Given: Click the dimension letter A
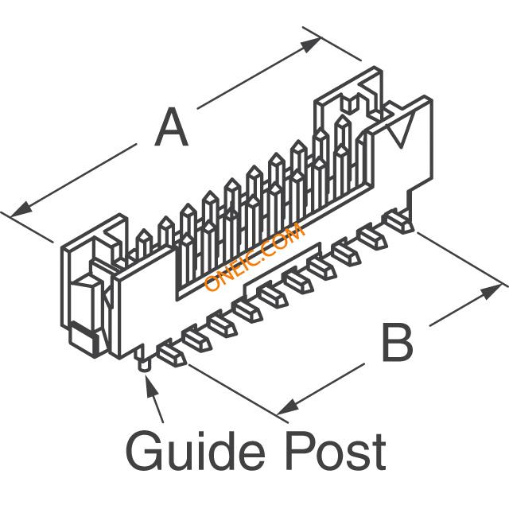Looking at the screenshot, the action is pos(171,127).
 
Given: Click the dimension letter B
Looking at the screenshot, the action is pos(398,342).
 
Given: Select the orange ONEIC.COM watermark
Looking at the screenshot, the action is pos(254,257).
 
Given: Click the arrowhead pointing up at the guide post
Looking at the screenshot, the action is pos(151,386).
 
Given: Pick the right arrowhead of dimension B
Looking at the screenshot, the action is pos(490,292).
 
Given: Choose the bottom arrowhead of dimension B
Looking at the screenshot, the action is pos(288,407).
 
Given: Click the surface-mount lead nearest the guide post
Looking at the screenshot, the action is pos(171,353).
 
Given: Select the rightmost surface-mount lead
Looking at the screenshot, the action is pos(399,222).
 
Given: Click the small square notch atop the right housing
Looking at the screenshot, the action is pos(348,105).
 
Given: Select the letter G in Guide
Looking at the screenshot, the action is pos(143,451).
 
